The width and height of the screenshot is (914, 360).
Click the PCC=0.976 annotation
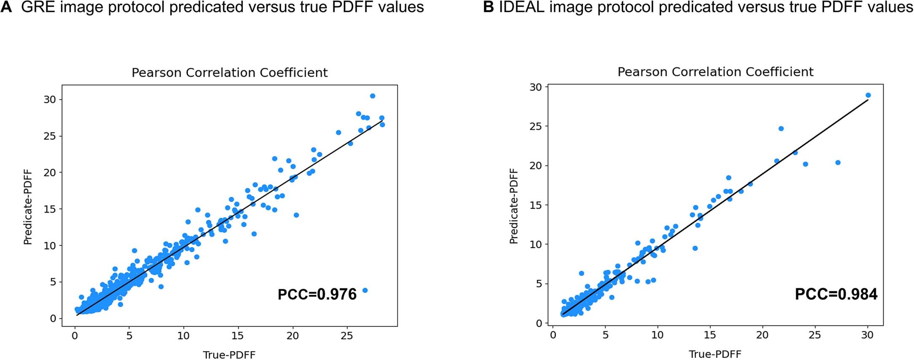pos(317,294)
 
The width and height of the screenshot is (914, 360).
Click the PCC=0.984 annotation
pos(836,294)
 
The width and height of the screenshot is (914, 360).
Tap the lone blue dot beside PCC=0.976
pos(365,290)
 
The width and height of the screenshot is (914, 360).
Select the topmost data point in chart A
pos(373,96)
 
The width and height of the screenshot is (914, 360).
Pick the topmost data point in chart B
pos(868,95)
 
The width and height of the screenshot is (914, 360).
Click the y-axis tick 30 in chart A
pos(50,99)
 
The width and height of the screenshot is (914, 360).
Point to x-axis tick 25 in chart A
pos(347,336)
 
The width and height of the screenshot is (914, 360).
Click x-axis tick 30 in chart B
pos(867,335)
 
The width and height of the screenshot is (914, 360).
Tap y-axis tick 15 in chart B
pos(535,205)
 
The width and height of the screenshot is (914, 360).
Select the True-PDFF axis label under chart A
pos(229,355)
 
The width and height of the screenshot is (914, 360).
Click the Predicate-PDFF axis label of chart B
pos(513,206)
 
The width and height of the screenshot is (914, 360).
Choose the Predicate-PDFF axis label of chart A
pos(28,207)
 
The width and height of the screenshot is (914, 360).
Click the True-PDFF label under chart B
pos(715,354)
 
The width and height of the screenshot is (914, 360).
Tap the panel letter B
pos(488,7)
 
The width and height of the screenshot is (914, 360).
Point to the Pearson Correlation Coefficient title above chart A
pos(229,73)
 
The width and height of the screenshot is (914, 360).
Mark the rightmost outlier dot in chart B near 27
pos(838,163)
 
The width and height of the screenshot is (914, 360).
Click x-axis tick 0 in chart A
pos(75,336)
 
